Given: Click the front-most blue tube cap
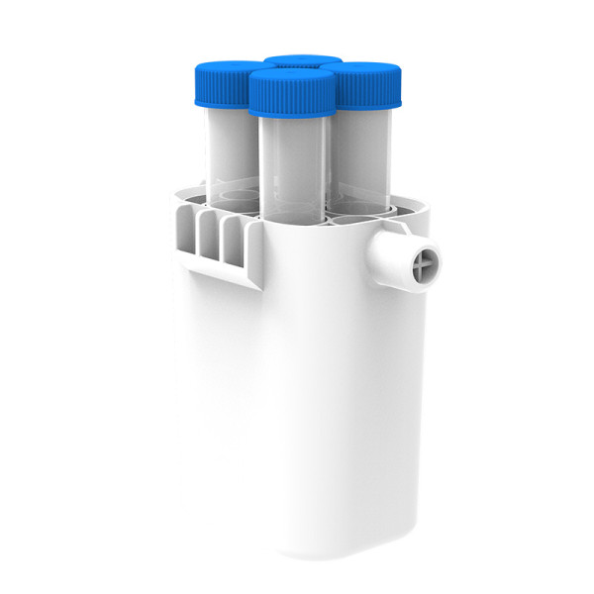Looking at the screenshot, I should pyautogui.click(x=290, y=91).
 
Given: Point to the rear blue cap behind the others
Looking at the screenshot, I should pyautogui.click(x=301, y=61).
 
